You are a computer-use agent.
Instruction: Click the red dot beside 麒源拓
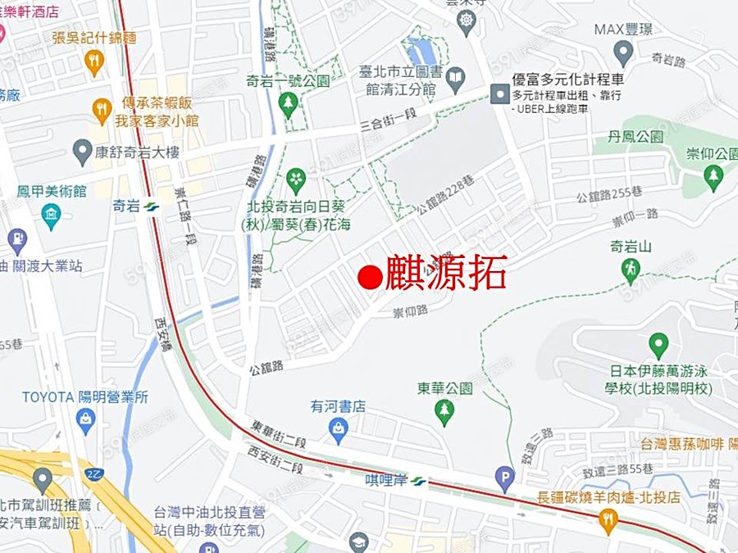pos(371,277)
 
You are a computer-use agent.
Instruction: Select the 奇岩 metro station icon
pos(150,206)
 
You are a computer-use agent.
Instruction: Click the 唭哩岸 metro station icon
pos(419,481)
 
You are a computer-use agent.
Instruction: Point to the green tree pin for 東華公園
pos(444,411)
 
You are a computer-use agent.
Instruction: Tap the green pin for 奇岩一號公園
pos(287,103)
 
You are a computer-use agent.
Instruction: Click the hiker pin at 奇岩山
pos(631,268)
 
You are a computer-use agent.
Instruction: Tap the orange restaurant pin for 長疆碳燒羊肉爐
pos(608,519)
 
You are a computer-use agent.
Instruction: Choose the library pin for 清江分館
pos(455,79)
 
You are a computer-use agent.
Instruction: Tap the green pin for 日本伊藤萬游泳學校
pos(658,345)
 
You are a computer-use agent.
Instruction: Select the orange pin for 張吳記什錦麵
pos(94,61)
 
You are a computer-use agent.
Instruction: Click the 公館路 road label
pos(266,366)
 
